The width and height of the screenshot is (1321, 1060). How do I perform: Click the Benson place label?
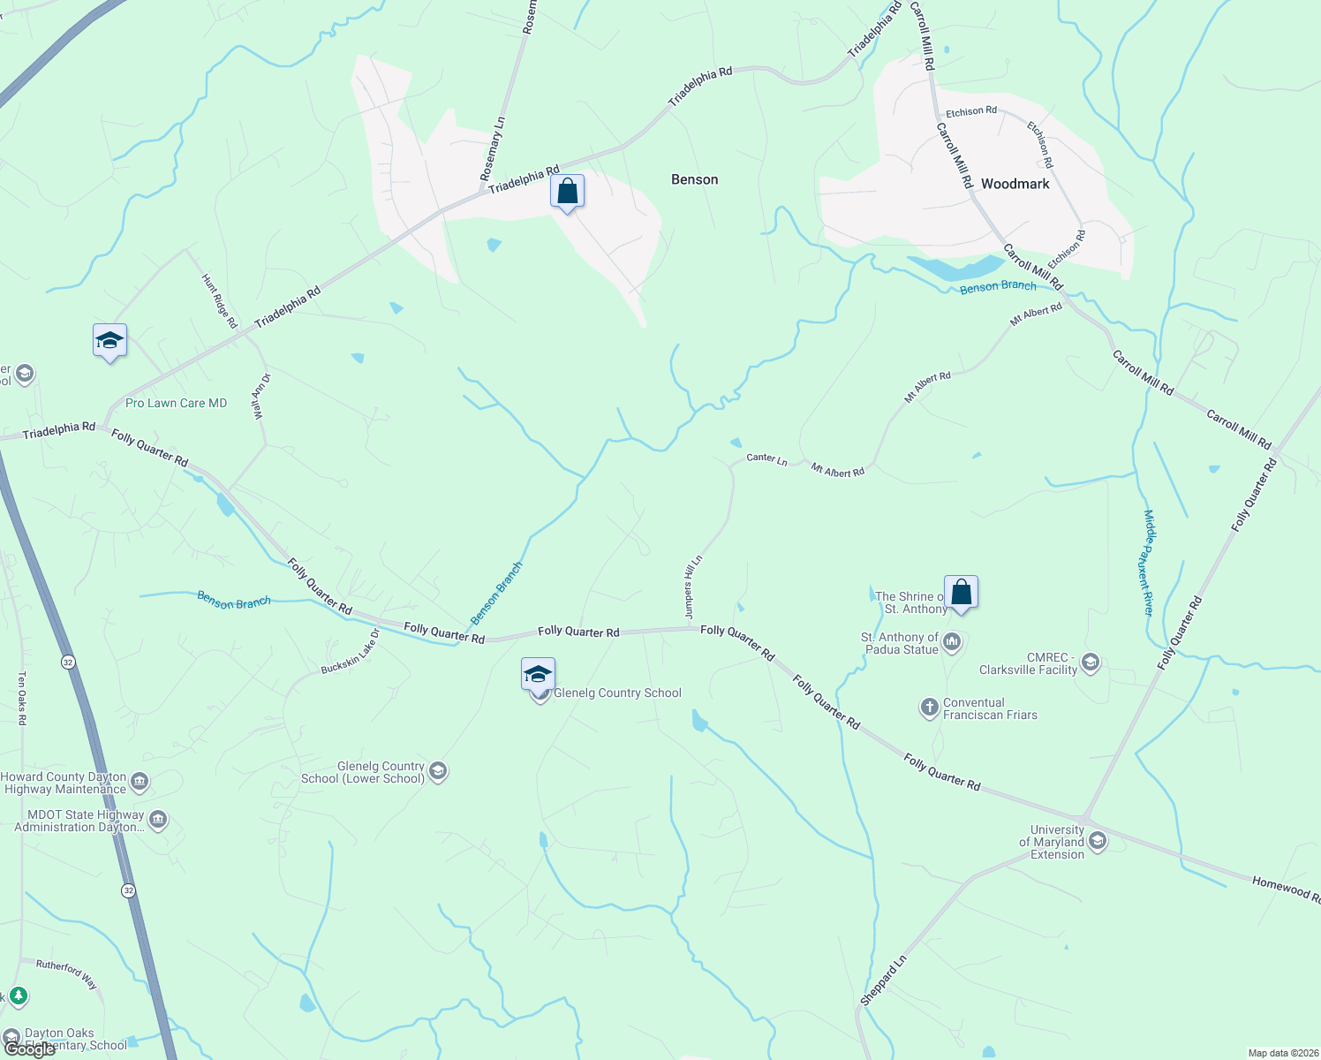pyautogui.click(x=694, y=179)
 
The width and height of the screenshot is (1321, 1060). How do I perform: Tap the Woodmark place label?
pyautogui.click(x=1015, y=184)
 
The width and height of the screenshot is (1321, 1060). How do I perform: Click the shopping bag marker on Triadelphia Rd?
pyautogui.click(x=567, y=192)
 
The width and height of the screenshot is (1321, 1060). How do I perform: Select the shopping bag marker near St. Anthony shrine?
pyautogui.click(x=961, y=593)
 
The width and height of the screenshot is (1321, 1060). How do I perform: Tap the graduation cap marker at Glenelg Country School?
pyautogui.click(x=538, y=675)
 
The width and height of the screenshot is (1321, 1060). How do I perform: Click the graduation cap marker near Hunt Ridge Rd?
pyautogui.click(x=109, y=341)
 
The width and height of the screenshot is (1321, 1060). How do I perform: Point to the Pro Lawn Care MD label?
pyautogui.click(x=176, y=403)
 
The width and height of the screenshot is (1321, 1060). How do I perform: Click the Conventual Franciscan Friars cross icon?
pyautogui.click(x=929, y=707)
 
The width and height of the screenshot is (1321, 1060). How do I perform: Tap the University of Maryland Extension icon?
pyautogui.click(x=1098, y=841)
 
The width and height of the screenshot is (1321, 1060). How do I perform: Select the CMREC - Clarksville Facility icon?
pyautogui.click(x=1091, y=662)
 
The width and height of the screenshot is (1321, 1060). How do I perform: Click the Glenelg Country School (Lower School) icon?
pyautogui.click(x=437, y=772)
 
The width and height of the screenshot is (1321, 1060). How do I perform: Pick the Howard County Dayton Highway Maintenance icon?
pyautogui.click(x=140, y=782)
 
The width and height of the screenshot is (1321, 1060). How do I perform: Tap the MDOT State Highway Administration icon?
pyautogui.click(x=158, y=821)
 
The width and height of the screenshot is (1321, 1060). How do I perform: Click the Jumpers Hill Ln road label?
pyautogui.click(x=693, y=587)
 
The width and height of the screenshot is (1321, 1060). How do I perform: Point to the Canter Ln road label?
pyautogui.click(x=766, y=458)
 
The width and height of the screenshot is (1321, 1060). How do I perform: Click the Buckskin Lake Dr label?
pyautogui.click(x=351, y=653)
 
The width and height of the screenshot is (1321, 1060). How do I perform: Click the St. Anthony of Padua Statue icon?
pyautogui.click(x=952, y=642)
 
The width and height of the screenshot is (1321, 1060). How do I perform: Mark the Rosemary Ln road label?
pyautogui.click(x=493, y=149)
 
